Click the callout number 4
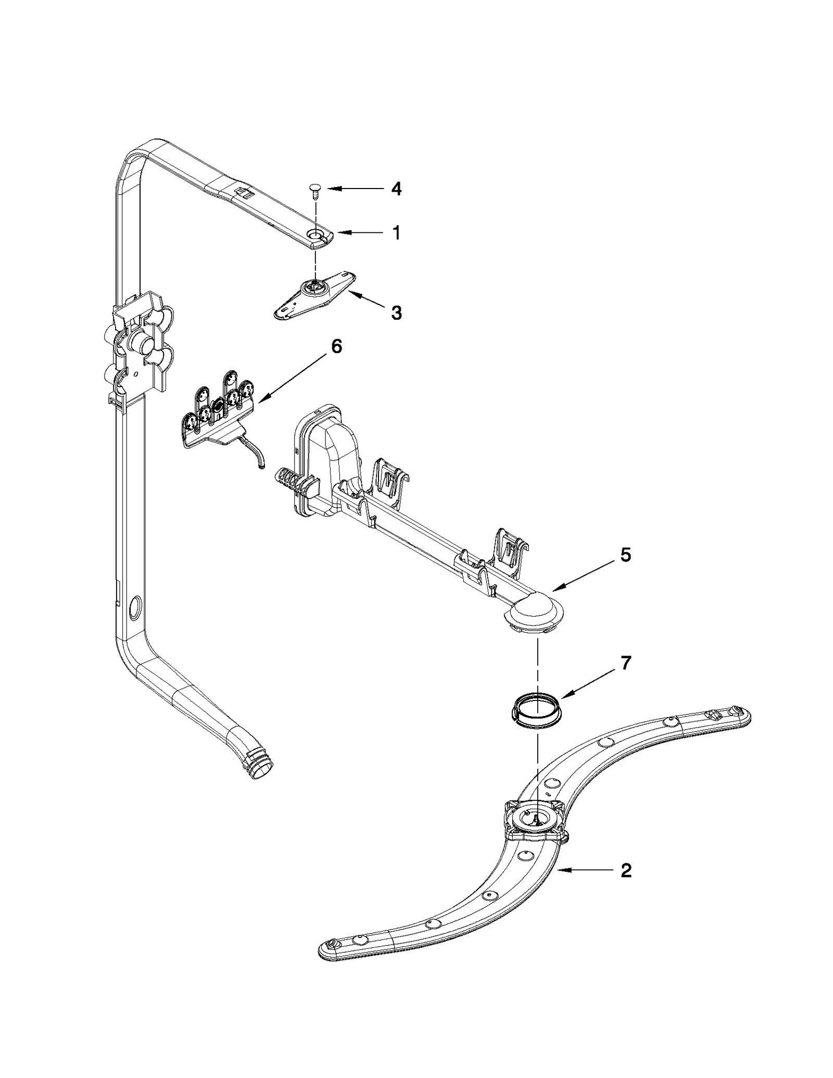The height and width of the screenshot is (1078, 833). coord(396,189)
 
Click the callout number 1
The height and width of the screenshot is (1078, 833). coord(397,233)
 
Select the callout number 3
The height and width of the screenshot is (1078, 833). coord(396,313)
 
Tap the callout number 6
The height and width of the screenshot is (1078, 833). coord(337,346)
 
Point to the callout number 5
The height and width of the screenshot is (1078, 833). coord(625,555)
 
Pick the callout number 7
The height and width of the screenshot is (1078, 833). coord(626,663)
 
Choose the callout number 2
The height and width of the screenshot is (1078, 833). coord(626,870)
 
